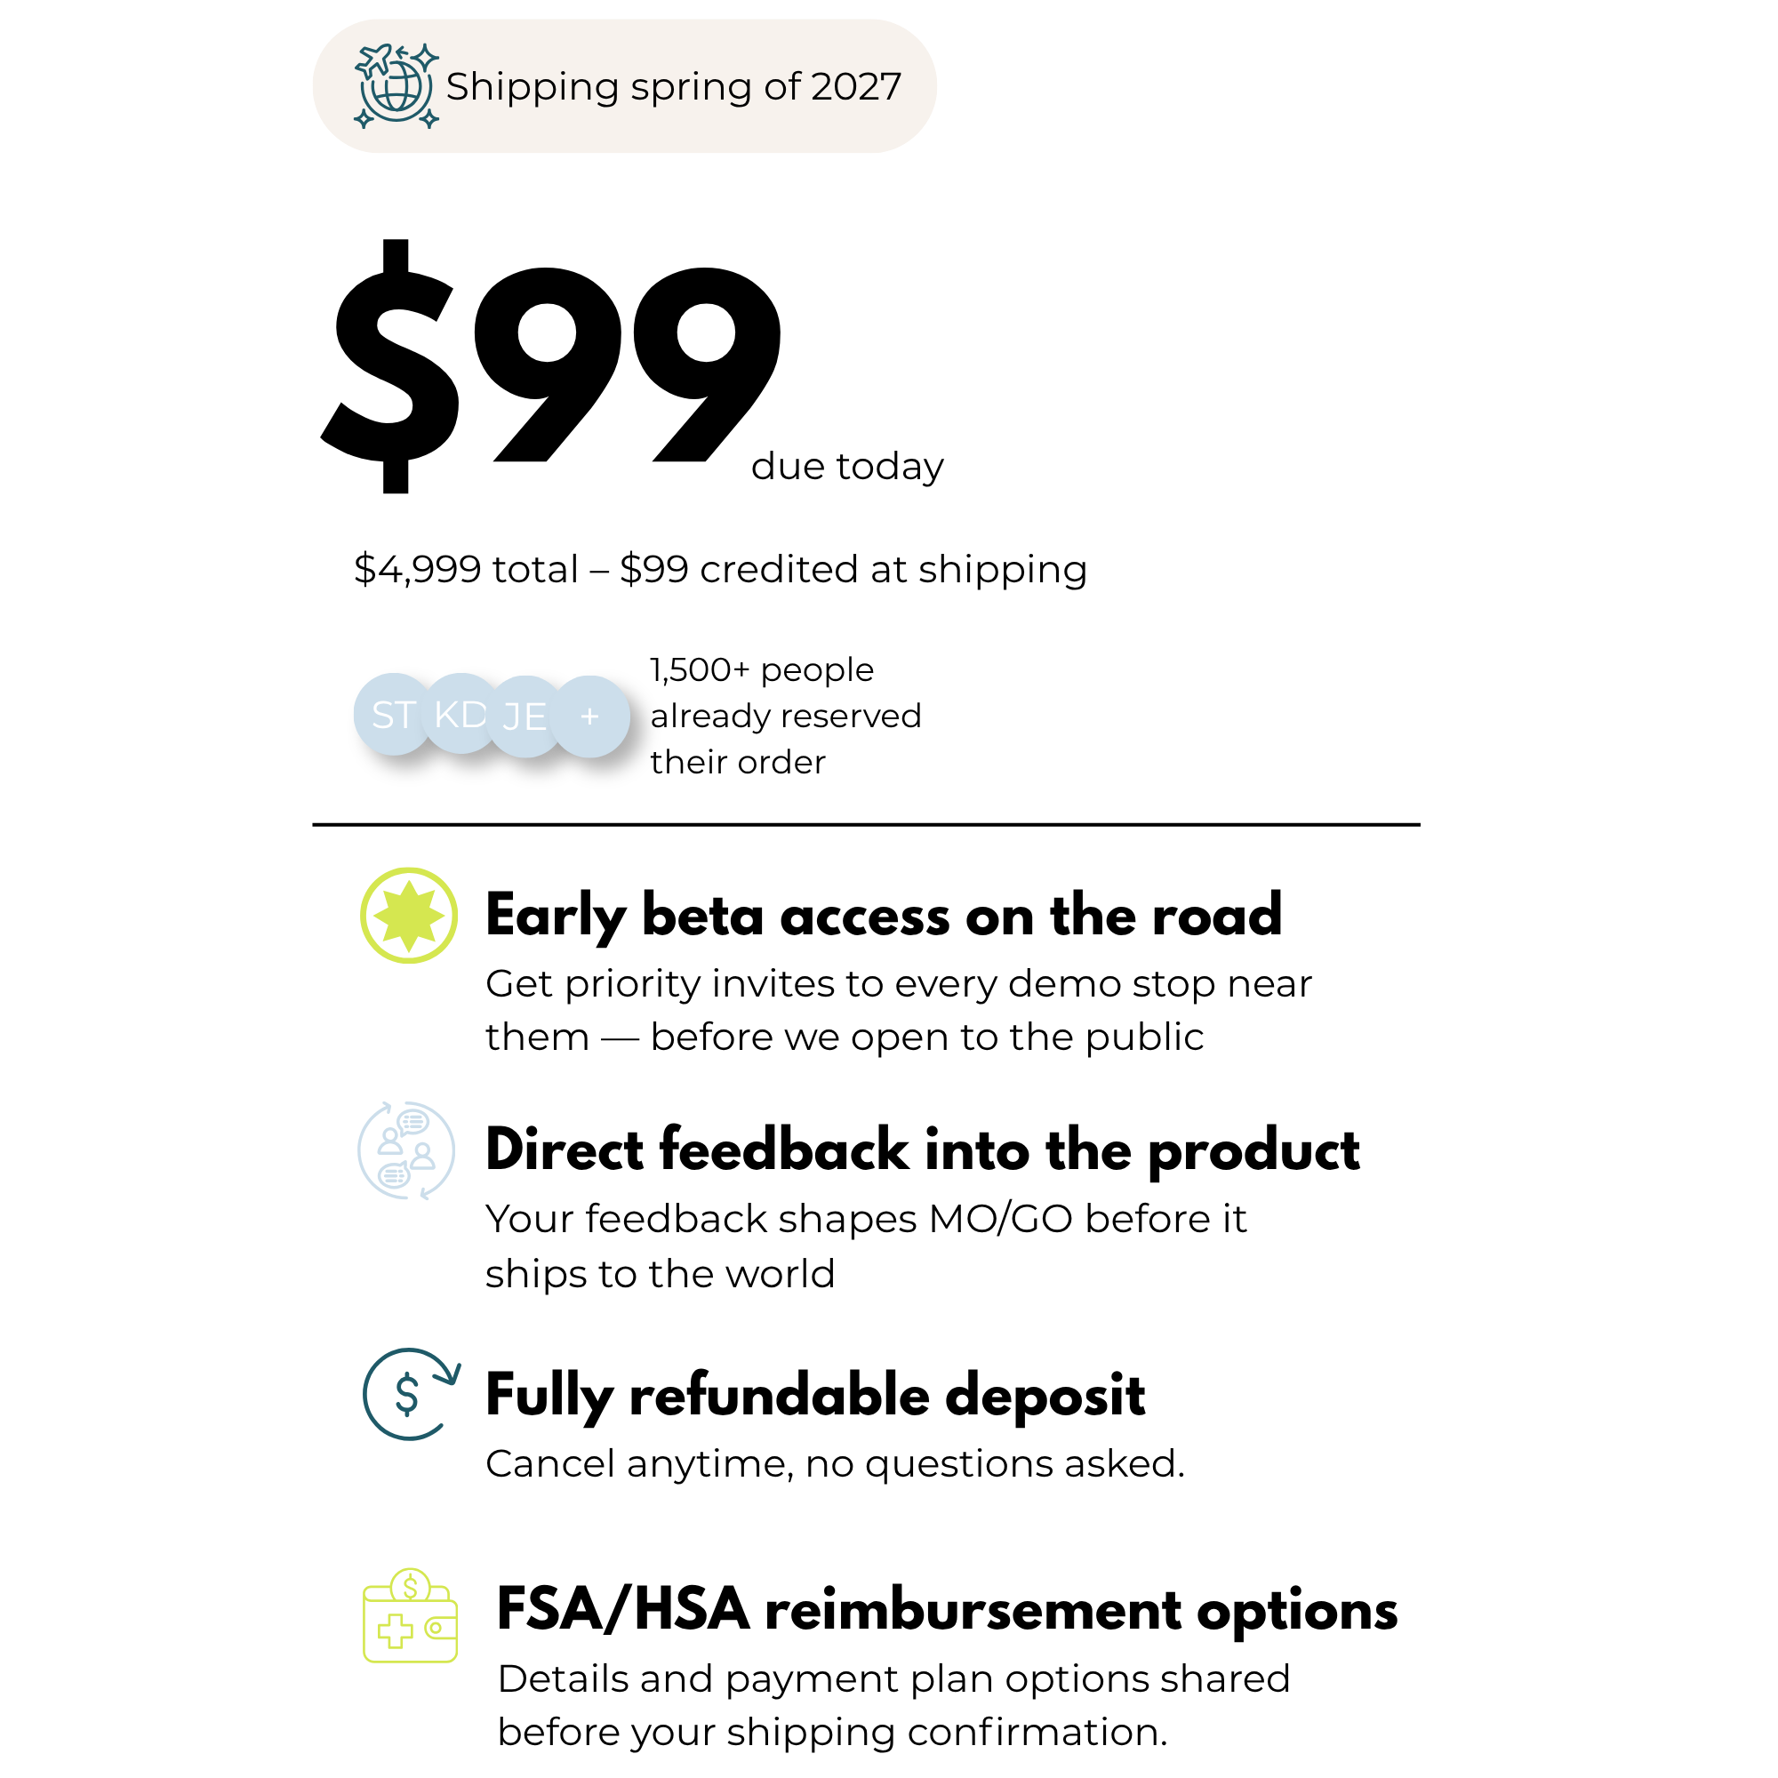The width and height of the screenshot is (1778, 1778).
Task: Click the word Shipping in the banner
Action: tap(532, 87)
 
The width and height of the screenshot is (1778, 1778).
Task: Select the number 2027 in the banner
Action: tap(856, 86)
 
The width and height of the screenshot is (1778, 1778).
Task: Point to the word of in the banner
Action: tap(781, 86)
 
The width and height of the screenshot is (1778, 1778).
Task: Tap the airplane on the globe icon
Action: tap(374, 60)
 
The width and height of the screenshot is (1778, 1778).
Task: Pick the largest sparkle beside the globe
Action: tap(424, 58)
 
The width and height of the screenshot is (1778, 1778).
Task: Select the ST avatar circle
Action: tap(392, 714)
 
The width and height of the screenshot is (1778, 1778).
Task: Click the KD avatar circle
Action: tap(461, 713)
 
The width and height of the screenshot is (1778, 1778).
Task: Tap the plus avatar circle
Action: tap(590, 716)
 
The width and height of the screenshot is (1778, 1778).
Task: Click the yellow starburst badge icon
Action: tap(409, 916)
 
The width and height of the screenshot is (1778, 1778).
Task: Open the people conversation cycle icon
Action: tap(406, 1150)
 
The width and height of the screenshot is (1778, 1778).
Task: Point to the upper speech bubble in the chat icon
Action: tap(412, 1122)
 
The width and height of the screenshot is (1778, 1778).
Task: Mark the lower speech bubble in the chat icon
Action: tap(393, 1175)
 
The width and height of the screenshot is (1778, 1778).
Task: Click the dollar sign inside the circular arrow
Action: tap(407, 1394)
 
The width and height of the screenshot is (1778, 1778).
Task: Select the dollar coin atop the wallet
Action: tap(411, 1587)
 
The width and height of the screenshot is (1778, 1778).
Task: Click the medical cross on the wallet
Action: tap(396, 1630)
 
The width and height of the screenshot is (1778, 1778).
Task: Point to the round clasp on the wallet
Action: tap(436, 1627)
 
